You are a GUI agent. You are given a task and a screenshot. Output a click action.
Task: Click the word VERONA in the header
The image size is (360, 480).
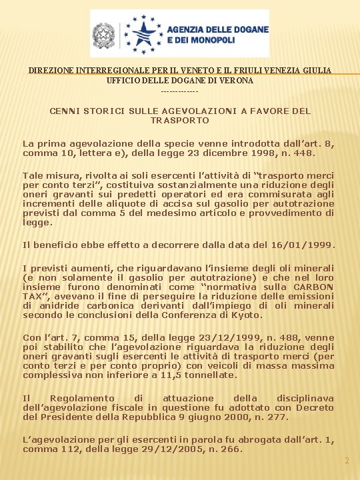tap(237, 80)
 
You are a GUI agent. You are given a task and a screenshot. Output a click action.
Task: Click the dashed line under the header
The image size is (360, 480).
tap(180, 90)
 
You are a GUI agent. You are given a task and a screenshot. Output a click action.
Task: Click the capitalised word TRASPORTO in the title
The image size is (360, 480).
tap(180, 121)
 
